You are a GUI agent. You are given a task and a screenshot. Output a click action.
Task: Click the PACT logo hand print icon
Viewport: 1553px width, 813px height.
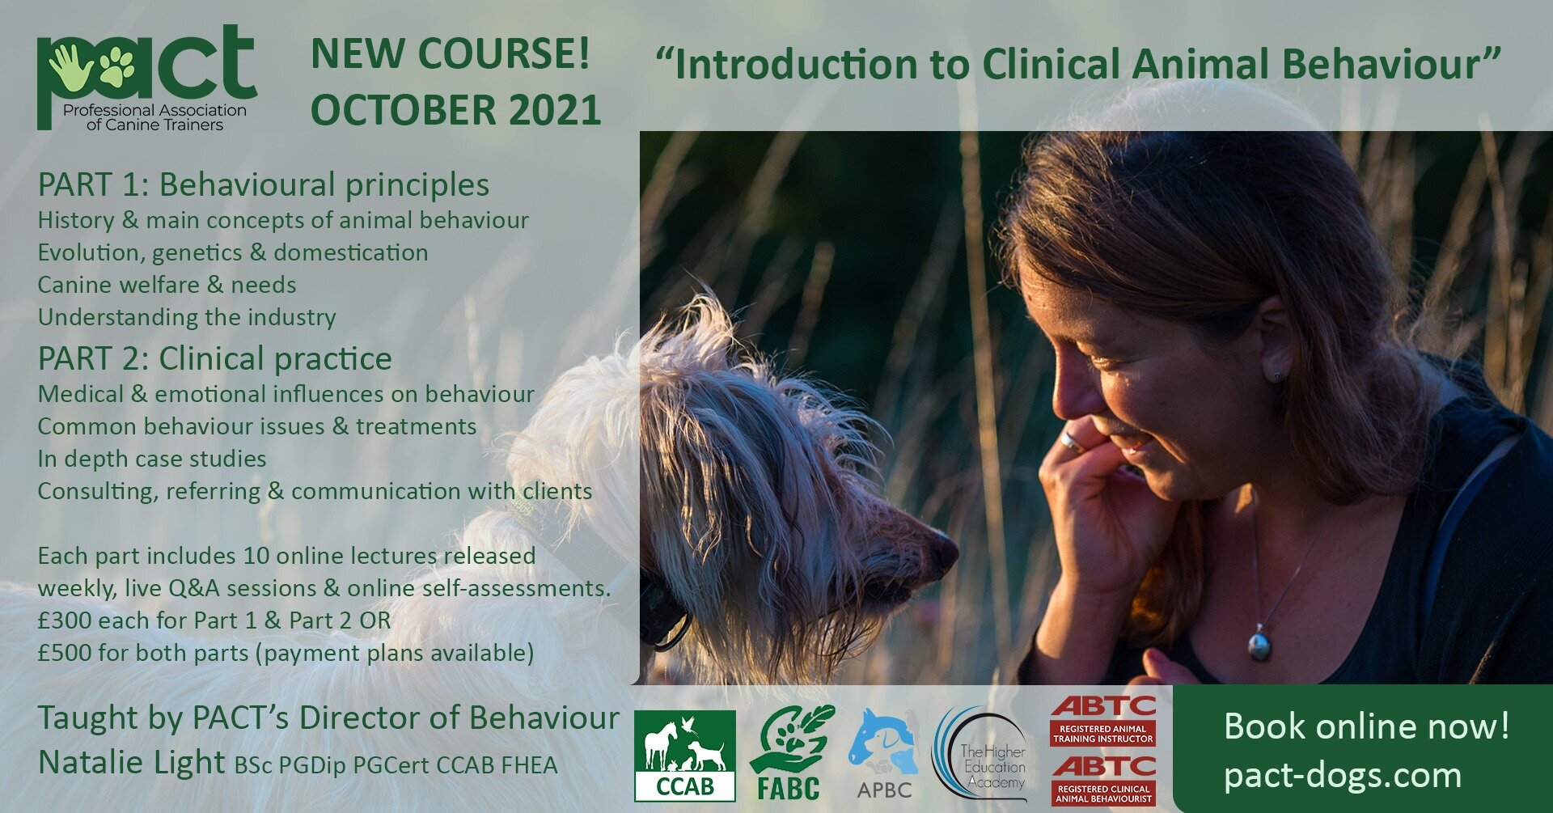pos(69,66)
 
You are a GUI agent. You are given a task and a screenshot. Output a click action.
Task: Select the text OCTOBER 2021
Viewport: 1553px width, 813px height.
pos(455,110)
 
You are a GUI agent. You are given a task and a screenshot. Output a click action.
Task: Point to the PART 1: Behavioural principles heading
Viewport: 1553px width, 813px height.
pos(264,184)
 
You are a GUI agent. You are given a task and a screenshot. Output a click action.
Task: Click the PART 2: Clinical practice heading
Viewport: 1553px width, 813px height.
pos(215,358)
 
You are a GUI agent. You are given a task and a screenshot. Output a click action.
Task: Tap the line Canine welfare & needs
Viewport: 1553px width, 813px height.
pos(167,285)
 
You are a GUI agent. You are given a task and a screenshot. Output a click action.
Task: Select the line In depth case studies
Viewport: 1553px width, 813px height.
pos(152,459)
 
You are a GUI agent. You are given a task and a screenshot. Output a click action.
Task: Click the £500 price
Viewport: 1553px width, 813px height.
pos(64,653)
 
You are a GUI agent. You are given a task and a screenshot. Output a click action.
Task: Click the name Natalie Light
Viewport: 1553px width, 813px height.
pos(131,762)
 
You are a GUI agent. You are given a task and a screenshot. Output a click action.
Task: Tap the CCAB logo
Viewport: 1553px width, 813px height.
pos(684,755)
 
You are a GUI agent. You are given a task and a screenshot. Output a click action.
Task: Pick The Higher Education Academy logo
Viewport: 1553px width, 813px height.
pos(983,755)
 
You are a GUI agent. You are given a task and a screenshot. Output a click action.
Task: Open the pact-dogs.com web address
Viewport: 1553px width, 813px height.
pos(1343,775)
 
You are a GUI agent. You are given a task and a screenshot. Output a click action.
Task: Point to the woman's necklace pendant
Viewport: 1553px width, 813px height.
pos(1259,645)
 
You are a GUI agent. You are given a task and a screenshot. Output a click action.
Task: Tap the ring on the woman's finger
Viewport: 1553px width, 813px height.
pos(1070,441)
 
